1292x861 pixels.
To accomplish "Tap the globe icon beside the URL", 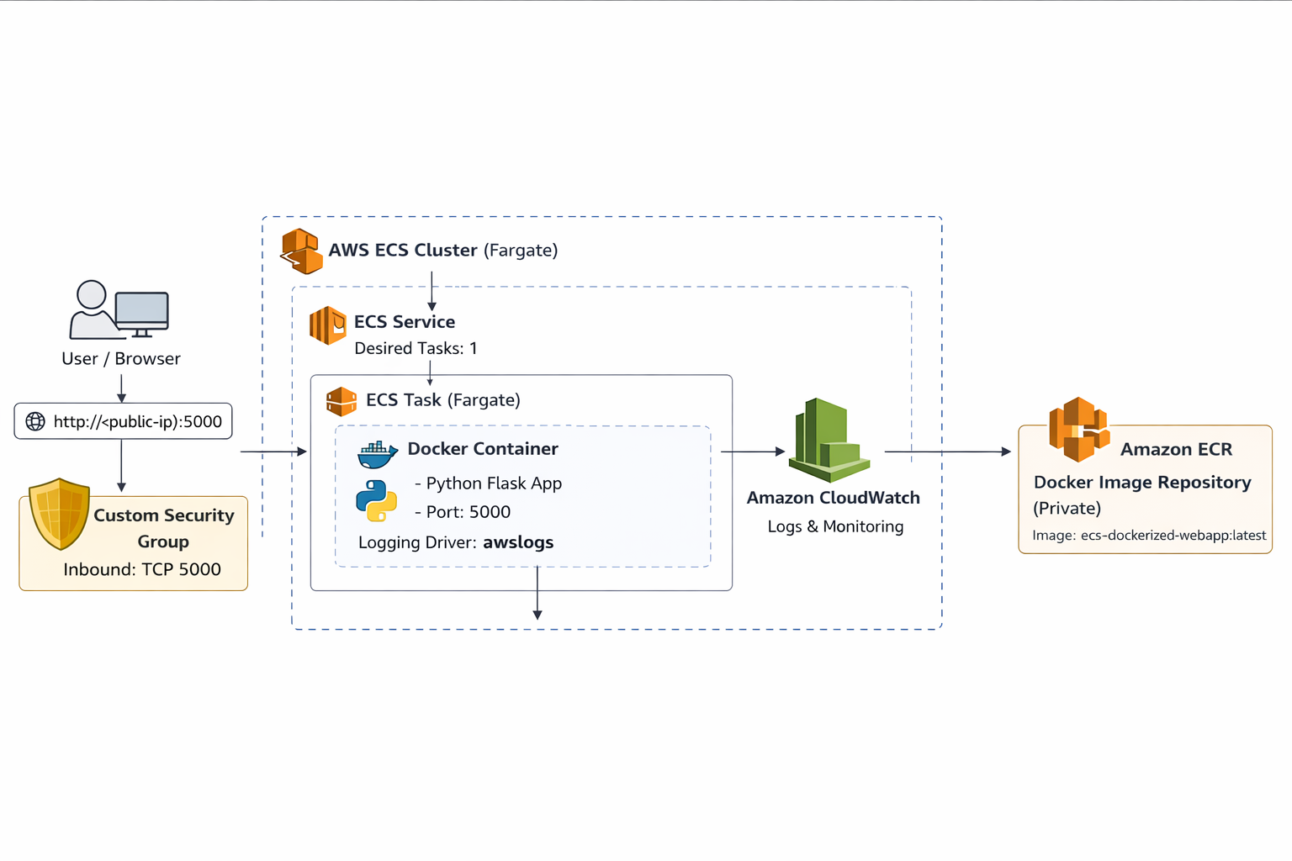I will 35,421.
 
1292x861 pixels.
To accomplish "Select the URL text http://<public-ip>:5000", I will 138,421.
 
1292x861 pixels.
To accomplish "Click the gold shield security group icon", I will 59,513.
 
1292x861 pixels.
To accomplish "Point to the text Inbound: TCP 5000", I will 142,569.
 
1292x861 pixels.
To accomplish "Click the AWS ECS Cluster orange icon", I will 301,251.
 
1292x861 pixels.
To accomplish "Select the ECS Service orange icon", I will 328,325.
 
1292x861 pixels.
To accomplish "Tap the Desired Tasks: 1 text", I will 416,348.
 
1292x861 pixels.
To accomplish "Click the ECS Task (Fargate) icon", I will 342,401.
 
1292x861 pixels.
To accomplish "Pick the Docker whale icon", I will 378,454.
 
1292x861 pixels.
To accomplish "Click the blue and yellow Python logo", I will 376,501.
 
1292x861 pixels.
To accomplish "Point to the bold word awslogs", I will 518,542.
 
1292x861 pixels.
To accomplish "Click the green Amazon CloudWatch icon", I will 829,439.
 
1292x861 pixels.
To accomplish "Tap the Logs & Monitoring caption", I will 835,526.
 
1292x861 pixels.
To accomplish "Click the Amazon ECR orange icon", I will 1078,430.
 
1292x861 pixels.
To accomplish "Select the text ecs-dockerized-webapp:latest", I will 1173,536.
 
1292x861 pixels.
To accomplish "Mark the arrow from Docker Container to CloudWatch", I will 752,452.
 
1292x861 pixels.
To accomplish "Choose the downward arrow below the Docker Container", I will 537,594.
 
